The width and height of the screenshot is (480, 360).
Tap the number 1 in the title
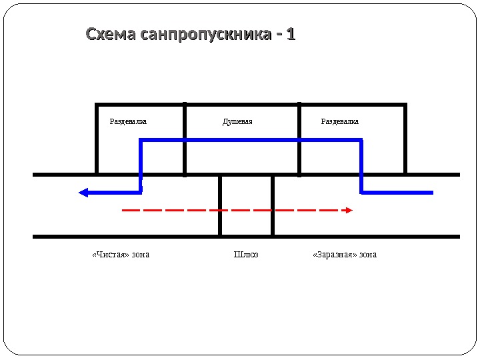(x=291, y=34)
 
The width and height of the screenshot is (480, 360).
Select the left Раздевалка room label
(x=128, y=122)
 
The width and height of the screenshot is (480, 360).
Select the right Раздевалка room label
(x=340, y=122)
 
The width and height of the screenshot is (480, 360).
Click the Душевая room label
(x=237, y=122)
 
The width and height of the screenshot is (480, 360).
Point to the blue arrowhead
(x=83, y=193)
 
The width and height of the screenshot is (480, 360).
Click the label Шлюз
(x=246, y=254)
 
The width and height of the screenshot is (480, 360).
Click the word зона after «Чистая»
(x=140, y=254)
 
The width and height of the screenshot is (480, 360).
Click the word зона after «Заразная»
(x=367, y=254)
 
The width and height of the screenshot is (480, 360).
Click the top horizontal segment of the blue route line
(x=251, y=140)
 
